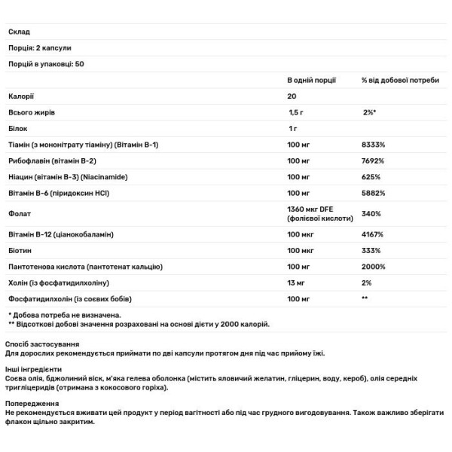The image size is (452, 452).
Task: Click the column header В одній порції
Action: click(x=311, y=79)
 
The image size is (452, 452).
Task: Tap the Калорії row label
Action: click(x=21, y=96)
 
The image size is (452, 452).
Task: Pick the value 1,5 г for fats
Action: click(x=295, y=112)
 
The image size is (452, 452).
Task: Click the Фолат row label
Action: click(x=20, y=213)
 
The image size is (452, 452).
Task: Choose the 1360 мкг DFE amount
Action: click(x=311, y=209)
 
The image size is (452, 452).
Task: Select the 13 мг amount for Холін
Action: click(x=297, y=282)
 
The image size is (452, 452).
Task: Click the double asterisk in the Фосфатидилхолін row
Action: click(x=365, y=298)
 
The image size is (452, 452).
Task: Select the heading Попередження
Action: click(x=29, y=403)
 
